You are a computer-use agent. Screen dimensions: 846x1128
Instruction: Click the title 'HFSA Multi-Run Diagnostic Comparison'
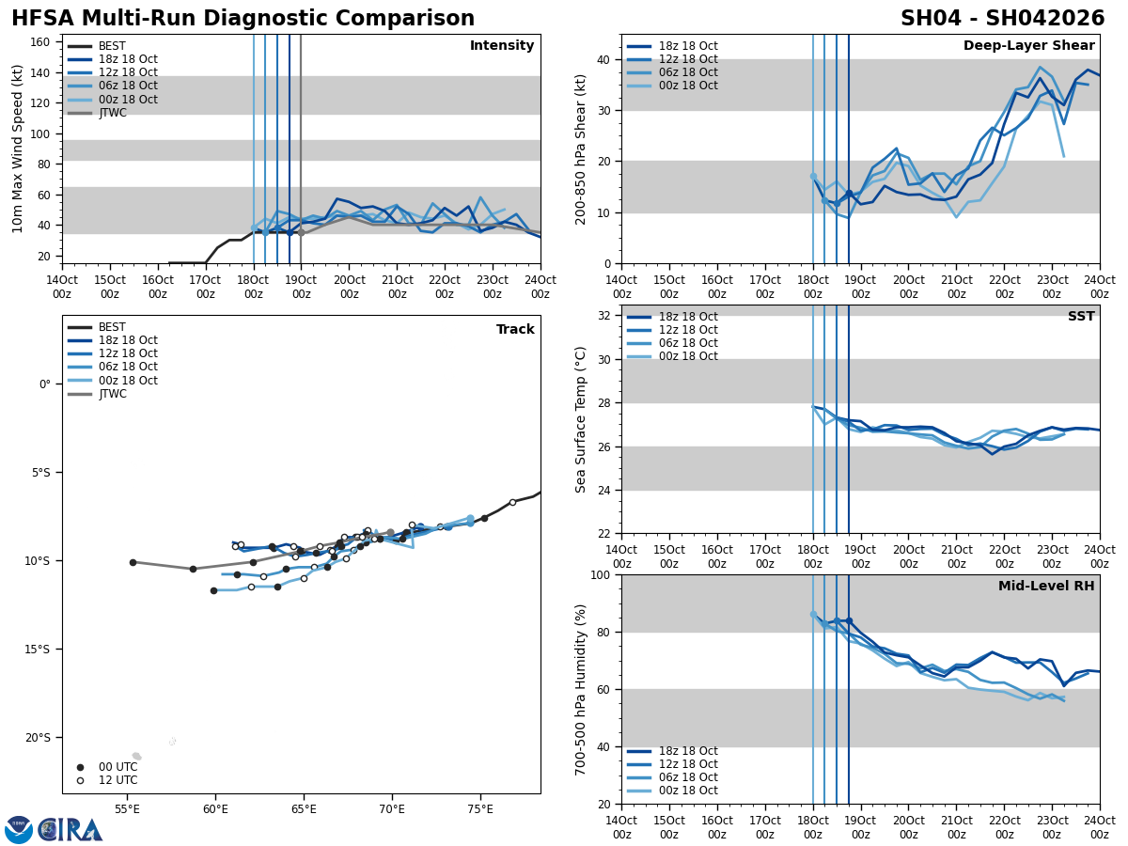243,19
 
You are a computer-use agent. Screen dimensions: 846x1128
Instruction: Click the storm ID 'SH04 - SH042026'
1002,19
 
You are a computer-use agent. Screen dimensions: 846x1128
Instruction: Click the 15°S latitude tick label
37,650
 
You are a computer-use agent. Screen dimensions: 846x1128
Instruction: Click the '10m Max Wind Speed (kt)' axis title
18,149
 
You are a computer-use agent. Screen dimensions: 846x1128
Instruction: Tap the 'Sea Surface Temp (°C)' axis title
581,419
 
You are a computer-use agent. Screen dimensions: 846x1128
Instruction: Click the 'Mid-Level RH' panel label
1046,587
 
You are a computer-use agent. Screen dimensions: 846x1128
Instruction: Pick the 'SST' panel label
1081,317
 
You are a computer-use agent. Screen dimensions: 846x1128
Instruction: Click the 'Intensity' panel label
502,46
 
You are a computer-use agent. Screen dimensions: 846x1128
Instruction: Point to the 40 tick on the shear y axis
603,59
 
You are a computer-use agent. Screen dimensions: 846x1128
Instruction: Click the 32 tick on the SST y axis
603,316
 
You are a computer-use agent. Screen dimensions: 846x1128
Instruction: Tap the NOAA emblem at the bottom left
19,830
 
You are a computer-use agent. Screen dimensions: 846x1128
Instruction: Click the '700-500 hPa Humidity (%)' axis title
581,689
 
